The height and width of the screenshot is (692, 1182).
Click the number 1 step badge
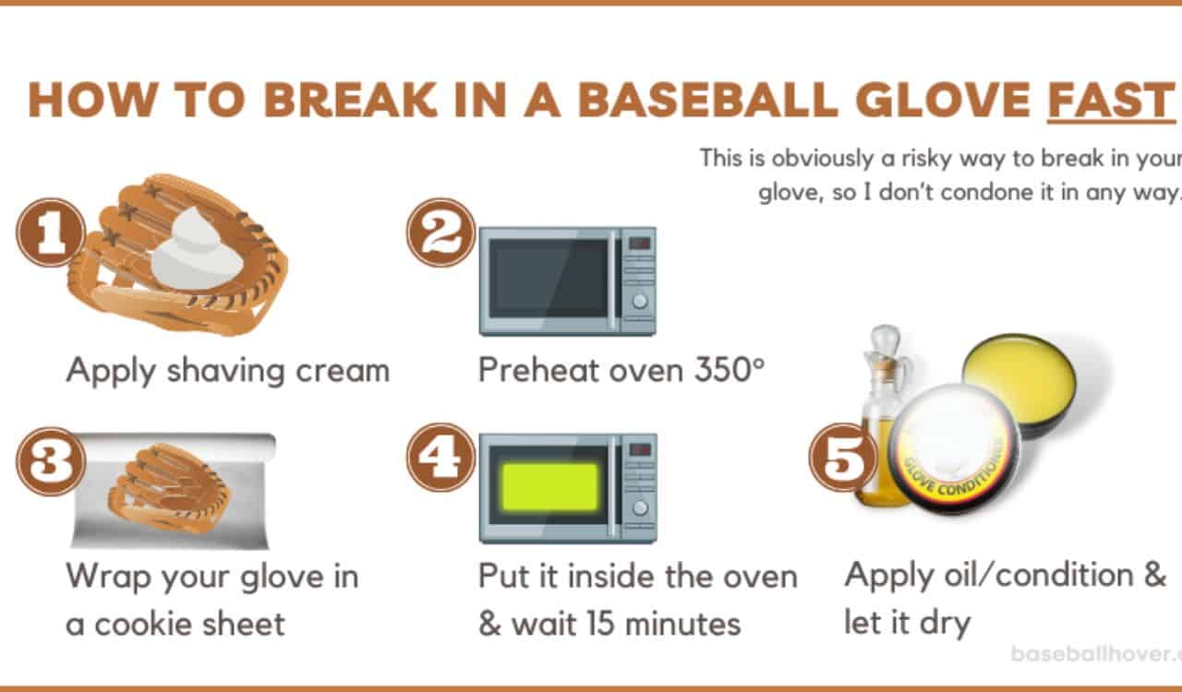coord(51,233)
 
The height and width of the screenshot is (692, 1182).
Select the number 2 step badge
coord(441,233)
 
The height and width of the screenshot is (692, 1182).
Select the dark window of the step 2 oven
coord(549,278)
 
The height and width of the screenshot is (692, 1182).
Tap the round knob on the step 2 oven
coord(638,300)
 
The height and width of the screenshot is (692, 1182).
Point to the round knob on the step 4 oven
coord(638,507)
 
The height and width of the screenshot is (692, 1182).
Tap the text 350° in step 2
coord(730,370)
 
